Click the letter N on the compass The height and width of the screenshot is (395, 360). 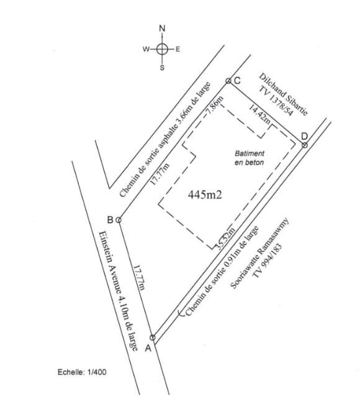(x=162, y=28)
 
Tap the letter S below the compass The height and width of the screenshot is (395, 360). (x=162, y=68)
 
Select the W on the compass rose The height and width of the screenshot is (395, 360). (x=146, y=49)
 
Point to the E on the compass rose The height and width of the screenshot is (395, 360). (x=178, y=49)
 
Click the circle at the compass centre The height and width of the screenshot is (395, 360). (x=162, y=49)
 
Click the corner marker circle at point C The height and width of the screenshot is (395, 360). (x=228, y=81)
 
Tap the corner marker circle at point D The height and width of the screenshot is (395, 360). (x=305, y=145)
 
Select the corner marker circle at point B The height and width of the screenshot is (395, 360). (x=119, y=220)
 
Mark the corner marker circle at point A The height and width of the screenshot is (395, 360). (x=152, y=337)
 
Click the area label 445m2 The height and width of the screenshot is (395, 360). (x=205, y=195)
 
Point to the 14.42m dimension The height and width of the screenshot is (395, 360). (x=259, y=114)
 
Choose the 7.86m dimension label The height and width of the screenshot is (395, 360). (x=214, y=105)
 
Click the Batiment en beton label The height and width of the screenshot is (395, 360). (x=250, y=158)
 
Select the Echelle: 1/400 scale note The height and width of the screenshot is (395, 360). (x=82, y=372)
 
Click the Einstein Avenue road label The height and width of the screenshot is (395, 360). (x=118, y=291)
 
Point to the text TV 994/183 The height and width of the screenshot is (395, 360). (x=267, y=261)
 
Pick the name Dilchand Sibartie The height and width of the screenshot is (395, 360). (x=283, y=94)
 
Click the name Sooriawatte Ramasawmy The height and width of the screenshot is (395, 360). (x=259, y=253)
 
